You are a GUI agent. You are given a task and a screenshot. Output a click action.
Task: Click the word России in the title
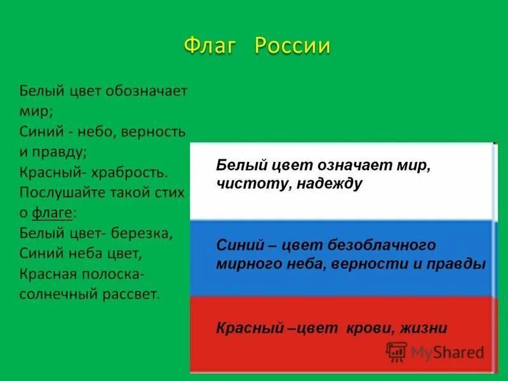click(x=293, y=46)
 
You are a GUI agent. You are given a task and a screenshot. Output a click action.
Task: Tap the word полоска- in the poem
click(x=117, y=274)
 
